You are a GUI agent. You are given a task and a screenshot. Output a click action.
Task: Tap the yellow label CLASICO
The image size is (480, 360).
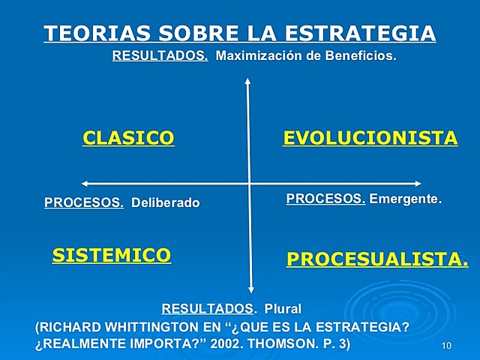tap(128, 138)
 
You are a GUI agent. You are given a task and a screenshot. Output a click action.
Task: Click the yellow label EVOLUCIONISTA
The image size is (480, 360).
tap(370, 138)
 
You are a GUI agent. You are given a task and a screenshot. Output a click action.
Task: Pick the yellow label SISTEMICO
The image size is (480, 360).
tap(111, 255)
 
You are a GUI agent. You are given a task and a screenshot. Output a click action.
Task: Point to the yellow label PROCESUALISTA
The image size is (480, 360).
tap(377, 259)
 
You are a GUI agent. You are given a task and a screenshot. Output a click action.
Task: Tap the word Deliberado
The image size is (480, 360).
tap(166, 202)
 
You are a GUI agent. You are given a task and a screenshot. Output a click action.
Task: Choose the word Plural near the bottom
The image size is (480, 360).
tap(283, 308)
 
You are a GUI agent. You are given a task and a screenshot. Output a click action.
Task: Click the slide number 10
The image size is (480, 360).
tap(447, 345)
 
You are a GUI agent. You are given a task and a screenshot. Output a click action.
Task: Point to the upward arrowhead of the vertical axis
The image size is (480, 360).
tap(247, 82)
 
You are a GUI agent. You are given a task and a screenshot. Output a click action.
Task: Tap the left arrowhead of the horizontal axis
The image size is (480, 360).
tap(85, 183)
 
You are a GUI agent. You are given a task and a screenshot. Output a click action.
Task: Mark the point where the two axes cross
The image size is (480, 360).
tap(249, 183)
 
